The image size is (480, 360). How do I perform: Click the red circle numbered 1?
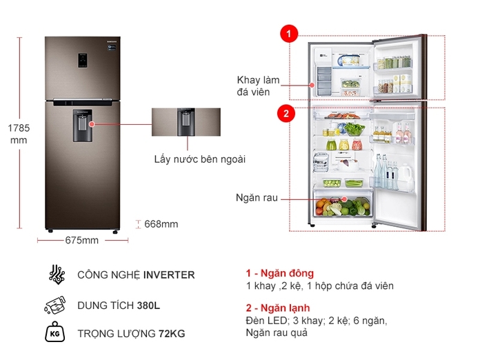(x=289, y=33)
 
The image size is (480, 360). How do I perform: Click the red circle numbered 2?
(x=286, y=114)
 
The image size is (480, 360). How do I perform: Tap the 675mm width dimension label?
(x=82, y=240)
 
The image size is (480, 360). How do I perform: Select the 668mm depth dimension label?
(x=161, y=224)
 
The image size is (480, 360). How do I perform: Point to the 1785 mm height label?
(x=19, y=134)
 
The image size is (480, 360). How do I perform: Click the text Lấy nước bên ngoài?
(x=199, y=159)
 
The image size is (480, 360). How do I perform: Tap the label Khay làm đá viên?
(x=258, y=86)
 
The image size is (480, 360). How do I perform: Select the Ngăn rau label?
(x=257, y=198)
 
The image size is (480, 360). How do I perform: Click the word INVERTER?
(x=169, y=275)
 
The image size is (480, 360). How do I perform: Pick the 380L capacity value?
(x=148, y=306)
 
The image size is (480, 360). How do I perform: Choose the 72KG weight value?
(x=172, y=334)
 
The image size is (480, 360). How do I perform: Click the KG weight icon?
(x=54, y=332)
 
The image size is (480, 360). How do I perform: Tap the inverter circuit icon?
(x=57, y=274)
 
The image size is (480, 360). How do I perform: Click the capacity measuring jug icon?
(x=55, y=305)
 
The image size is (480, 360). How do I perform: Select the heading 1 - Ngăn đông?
(x=280, y=273)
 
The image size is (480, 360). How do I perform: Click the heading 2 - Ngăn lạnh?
(x=278, y=308)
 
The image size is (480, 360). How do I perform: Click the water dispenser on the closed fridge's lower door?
(x=82, y=126)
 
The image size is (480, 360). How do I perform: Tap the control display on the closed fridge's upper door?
(x=82, y=60)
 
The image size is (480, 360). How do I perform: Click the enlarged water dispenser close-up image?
(x=186, y=122)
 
